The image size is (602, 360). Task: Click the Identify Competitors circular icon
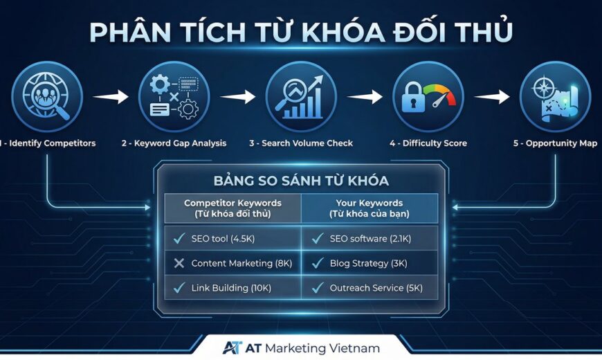pos(46,96)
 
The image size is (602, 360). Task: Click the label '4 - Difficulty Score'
pos(428,143)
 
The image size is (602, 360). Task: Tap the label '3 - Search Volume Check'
pos(301,143)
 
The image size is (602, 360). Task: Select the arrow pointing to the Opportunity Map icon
pos(493,97)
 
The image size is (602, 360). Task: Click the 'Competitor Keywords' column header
pos(232,208)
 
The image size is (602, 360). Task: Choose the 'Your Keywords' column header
pos(370,208)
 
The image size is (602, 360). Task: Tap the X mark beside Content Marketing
pos(179,263)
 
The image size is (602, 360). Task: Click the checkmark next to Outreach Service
pos(318,287)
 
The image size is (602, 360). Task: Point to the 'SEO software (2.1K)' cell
pos(370,239)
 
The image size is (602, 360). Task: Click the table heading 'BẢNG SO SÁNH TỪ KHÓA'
pos(300,181)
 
